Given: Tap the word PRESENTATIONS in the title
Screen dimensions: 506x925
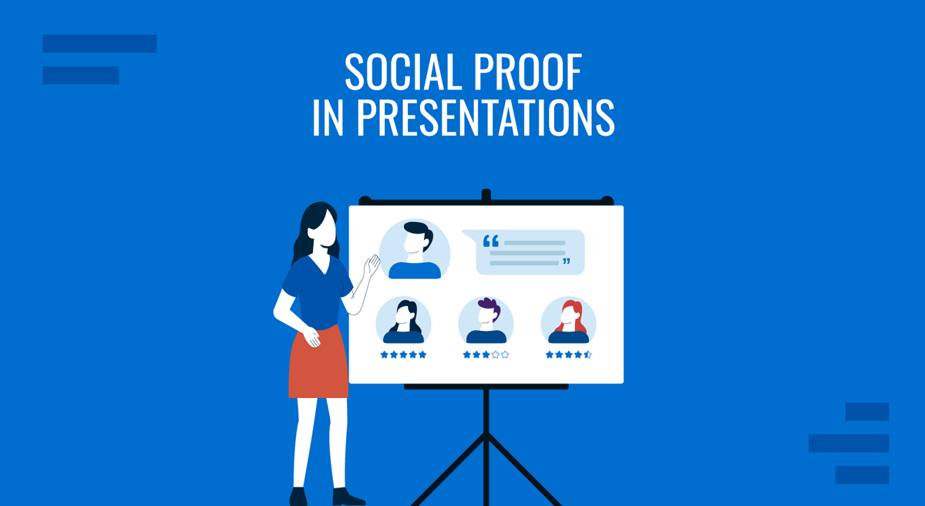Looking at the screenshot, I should (485, 118).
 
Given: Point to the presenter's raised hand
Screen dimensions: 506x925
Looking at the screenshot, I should (372, 266).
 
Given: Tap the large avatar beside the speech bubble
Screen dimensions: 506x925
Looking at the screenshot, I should (415, 249).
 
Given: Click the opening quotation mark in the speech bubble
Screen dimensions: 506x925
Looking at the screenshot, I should (491, 242).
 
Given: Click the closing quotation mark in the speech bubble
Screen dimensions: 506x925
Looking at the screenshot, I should (567, 262).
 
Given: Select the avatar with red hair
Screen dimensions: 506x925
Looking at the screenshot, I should (569, 320).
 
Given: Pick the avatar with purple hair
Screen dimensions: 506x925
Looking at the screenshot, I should (486, 320).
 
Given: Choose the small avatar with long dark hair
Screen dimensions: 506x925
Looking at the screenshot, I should (404, 320).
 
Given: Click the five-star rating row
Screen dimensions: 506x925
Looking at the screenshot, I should (403, 355).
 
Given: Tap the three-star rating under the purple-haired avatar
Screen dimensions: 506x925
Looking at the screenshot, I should (486, 355).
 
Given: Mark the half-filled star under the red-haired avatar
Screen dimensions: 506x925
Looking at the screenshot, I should (587, 355).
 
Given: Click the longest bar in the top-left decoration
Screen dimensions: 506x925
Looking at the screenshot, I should (99, 44).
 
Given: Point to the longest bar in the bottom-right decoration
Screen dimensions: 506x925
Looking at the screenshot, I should (849, 444).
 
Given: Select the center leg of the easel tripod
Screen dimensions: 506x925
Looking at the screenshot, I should (486, 447).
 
